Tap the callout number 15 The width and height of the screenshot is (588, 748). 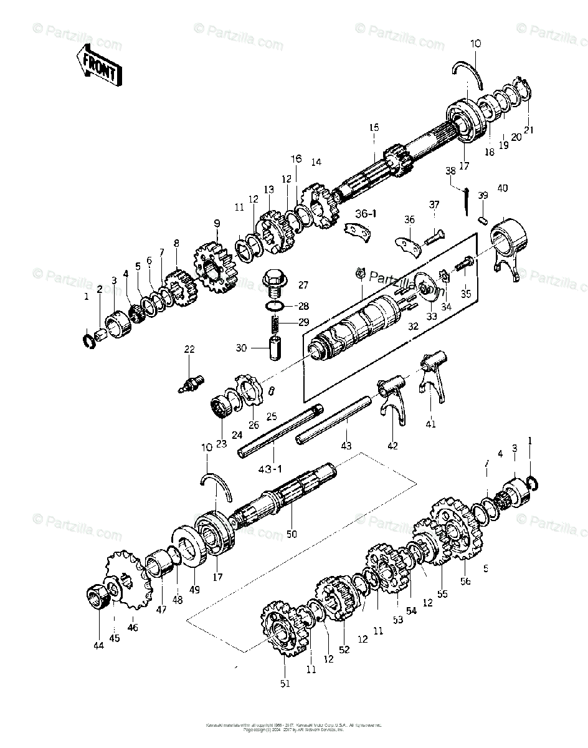[373, 128]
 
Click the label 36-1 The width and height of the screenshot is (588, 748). [366, 213]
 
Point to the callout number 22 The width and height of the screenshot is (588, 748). [189, 350]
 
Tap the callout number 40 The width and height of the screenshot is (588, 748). [502, 188]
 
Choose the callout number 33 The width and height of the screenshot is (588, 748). [432, 316]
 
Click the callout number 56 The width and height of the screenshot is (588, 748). [466, 581]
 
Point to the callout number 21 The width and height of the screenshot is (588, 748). [529, 129]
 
